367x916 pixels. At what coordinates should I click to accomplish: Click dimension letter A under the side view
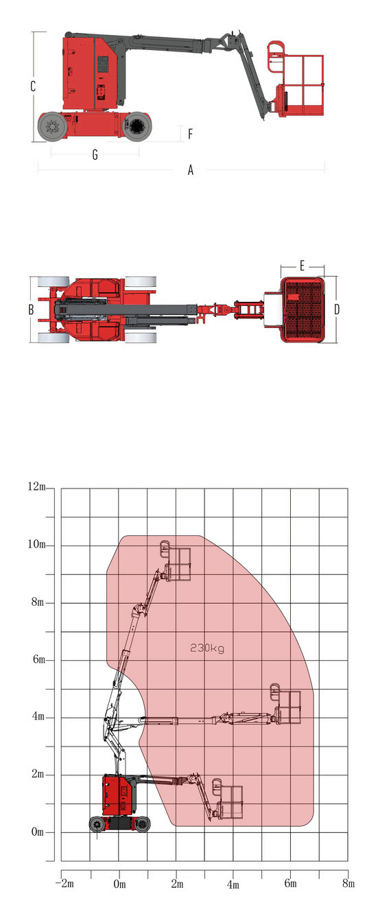click(191, 169)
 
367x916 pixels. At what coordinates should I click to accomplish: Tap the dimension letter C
click(33, 86)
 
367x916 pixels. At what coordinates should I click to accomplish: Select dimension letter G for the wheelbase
click(95, 154)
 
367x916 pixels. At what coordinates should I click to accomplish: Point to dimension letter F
click(191, 134)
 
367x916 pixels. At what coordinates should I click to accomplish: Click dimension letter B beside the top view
click(31, 309)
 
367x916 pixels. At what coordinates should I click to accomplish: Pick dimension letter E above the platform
click(302, 266)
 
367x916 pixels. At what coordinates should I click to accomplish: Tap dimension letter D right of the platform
click(337, 309)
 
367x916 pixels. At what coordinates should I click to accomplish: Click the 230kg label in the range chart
click(206, 648)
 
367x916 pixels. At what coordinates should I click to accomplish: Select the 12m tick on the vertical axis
click(36, 486)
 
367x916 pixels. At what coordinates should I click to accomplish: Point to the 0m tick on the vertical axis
click(38, 832)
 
